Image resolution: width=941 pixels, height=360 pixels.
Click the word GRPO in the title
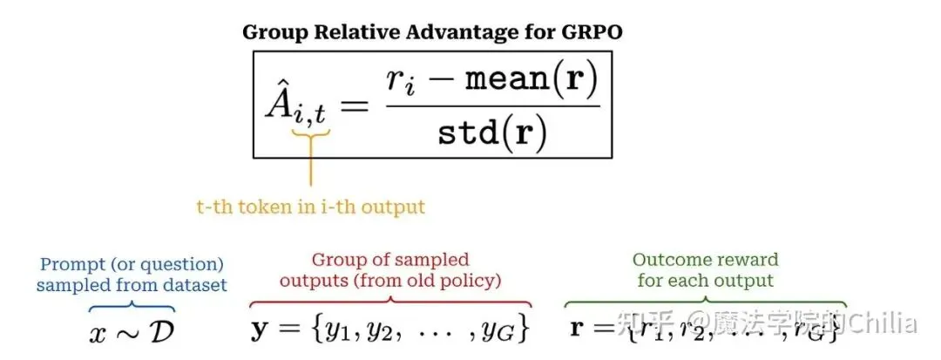point(593,33)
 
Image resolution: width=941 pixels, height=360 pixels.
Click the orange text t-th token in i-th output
point(310,207)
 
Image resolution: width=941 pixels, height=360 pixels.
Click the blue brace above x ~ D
point(132,306)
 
